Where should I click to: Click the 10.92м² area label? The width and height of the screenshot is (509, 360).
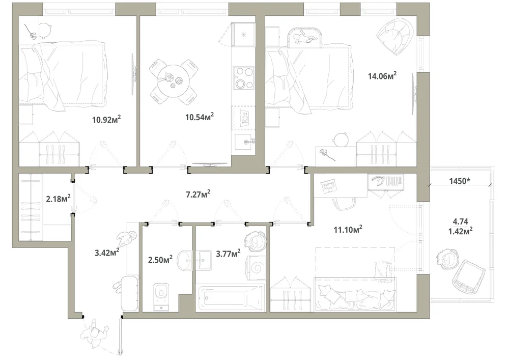[x=106, y=119]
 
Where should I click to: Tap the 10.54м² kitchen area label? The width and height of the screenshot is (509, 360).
[x=200, y=117]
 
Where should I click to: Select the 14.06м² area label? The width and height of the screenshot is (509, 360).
[x=382, y=76]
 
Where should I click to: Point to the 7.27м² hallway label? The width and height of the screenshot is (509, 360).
[x=197, y=194]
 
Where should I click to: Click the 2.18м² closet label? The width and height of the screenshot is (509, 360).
[x=59, y=198]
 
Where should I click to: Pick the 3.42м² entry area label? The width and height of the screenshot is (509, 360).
[x=107, y=252]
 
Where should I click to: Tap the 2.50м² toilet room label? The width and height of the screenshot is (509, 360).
[x=160, y=259]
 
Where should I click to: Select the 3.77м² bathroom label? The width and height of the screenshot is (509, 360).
[x=228, y=253]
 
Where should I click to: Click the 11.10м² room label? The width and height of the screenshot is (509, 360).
[x=348, y=230]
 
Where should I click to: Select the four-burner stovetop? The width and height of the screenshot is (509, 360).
[x=244, y=77]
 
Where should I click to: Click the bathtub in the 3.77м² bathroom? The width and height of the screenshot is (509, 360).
[x=230, y=298]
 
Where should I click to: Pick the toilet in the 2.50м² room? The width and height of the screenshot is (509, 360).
[x=161, y=296]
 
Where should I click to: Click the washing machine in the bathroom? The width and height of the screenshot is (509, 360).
[x=257, y=268]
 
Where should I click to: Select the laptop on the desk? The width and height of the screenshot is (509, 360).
[x=329, y=187]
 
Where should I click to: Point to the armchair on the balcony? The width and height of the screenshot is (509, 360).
[x=468, y=276]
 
